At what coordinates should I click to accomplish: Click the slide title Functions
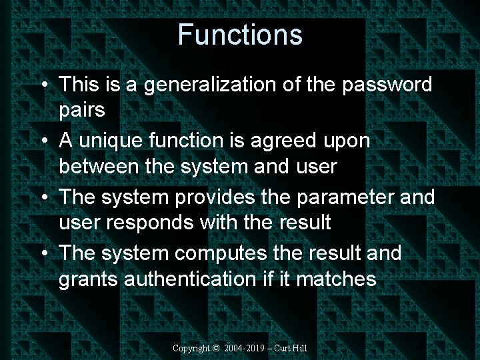[240, 34]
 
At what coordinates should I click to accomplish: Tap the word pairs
[82, 109]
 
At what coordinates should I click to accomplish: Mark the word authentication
[189, 279]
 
